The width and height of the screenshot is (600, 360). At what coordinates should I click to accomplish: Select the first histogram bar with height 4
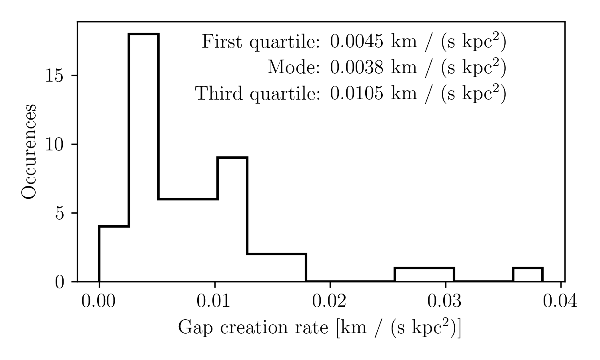(x=114, y=254)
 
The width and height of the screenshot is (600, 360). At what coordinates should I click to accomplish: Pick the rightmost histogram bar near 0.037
(x=528, y=274)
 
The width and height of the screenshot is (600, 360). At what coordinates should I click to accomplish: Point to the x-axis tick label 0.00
(x=98, y=301)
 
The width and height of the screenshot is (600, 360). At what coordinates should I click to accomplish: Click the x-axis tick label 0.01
(x=214, y=301)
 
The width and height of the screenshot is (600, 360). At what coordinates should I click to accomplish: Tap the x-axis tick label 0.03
(x=445, y=301)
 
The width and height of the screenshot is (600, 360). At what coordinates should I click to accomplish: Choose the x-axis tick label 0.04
(x=560, y=301)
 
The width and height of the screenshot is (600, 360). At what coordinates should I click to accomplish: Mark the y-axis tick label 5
(x=60, y=213)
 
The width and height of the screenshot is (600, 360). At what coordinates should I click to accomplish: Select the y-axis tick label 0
(x=60, y=282)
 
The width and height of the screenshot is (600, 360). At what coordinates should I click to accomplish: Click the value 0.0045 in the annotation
(x=357, y=42)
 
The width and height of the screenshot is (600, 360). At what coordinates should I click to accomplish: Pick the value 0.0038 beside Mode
(x=357, y=68)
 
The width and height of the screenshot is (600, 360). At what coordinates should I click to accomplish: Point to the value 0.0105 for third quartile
(x=357, y=94)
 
